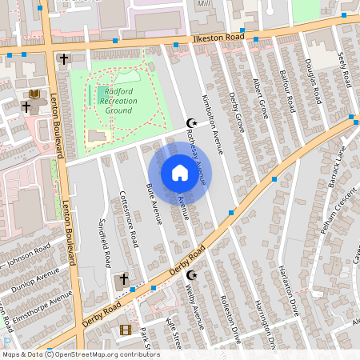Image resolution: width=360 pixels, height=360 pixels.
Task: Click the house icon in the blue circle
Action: tap(180, 173)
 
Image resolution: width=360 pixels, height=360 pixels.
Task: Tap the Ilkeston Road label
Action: tap(217, 38)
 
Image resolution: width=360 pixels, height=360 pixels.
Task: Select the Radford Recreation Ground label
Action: tap(119, 101)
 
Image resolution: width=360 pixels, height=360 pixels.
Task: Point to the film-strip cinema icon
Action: tap(125, 330)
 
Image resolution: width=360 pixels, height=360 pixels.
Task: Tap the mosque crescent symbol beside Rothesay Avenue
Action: tap(190, 122)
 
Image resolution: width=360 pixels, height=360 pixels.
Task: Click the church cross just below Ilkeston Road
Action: tap(64, 59)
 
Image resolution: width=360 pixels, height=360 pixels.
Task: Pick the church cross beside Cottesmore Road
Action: tap(122, 280)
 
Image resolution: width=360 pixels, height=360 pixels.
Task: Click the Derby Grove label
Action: tap(235, 112)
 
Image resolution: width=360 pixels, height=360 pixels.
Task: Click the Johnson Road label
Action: tap(26, 262)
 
